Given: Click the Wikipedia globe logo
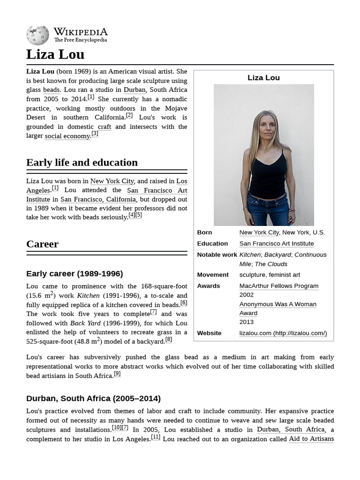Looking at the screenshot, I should (x=37, y=35).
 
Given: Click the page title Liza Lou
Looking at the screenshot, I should (x=55, y=54).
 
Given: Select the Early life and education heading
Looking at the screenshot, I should (x=82, y=163).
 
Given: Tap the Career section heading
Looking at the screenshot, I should (x=42, y=244).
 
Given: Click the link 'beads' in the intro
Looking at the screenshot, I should (x=51, y=90).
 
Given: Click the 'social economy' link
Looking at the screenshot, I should (x=67, y=136).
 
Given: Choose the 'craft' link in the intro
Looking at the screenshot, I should (x=104, y=127).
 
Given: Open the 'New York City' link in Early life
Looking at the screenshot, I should (x=112, y=181).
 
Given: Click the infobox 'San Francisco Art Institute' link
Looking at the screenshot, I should (x=276, y=244).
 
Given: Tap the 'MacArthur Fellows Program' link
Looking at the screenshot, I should (x=278, y=286).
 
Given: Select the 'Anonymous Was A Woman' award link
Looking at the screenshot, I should (x=277, y=304).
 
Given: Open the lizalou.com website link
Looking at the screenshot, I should (x=283, y=333).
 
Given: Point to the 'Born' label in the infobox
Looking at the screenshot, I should (x=204, y=232).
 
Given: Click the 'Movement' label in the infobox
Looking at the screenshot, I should (x=213, y=275).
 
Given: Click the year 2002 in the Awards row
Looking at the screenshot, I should (x=247, y=295).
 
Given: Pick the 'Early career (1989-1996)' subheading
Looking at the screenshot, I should (x=75, y=274).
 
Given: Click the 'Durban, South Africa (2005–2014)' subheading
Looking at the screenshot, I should (x=93, y=398).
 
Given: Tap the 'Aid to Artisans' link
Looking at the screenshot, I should (x=311, y=439).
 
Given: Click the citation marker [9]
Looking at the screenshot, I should (x=117, y=374).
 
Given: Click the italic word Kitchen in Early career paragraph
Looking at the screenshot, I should (x=88, y=295).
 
